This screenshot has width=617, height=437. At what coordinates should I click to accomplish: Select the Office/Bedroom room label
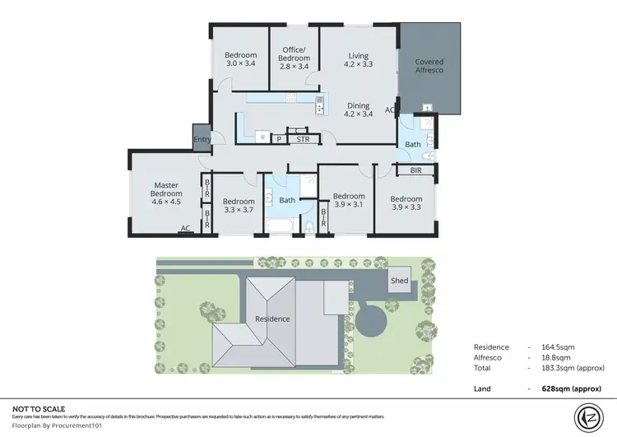294,54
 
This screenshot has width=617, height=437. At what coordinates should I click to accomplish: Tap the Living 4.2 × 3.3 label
358,60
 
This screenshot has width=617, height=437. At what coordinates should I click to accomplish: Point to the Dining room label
358,109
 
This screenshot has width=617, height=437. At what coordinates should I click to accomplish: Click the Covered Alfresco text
429,67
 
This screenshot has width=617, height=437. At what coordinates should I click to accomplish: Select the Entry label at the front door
202,139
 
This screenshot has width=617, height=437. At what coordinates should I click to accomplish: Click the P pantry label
279,140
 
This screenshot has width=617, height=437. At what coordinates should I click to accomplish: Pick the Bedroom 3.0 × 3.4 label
240,60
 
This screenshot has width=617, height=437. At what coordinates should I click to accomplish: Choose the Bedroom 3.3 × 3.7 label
238,206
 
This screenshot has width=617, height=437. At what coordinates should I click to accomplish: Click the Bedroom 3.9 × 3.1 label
348,201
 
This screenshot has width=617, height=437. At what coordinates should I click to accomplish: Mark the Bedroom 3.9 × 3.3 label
406,203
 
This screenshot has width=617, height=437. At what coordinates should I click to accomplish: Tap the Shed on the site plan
400,281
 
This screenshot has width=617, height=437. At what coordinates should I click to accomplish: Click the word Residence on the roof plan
272,318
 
